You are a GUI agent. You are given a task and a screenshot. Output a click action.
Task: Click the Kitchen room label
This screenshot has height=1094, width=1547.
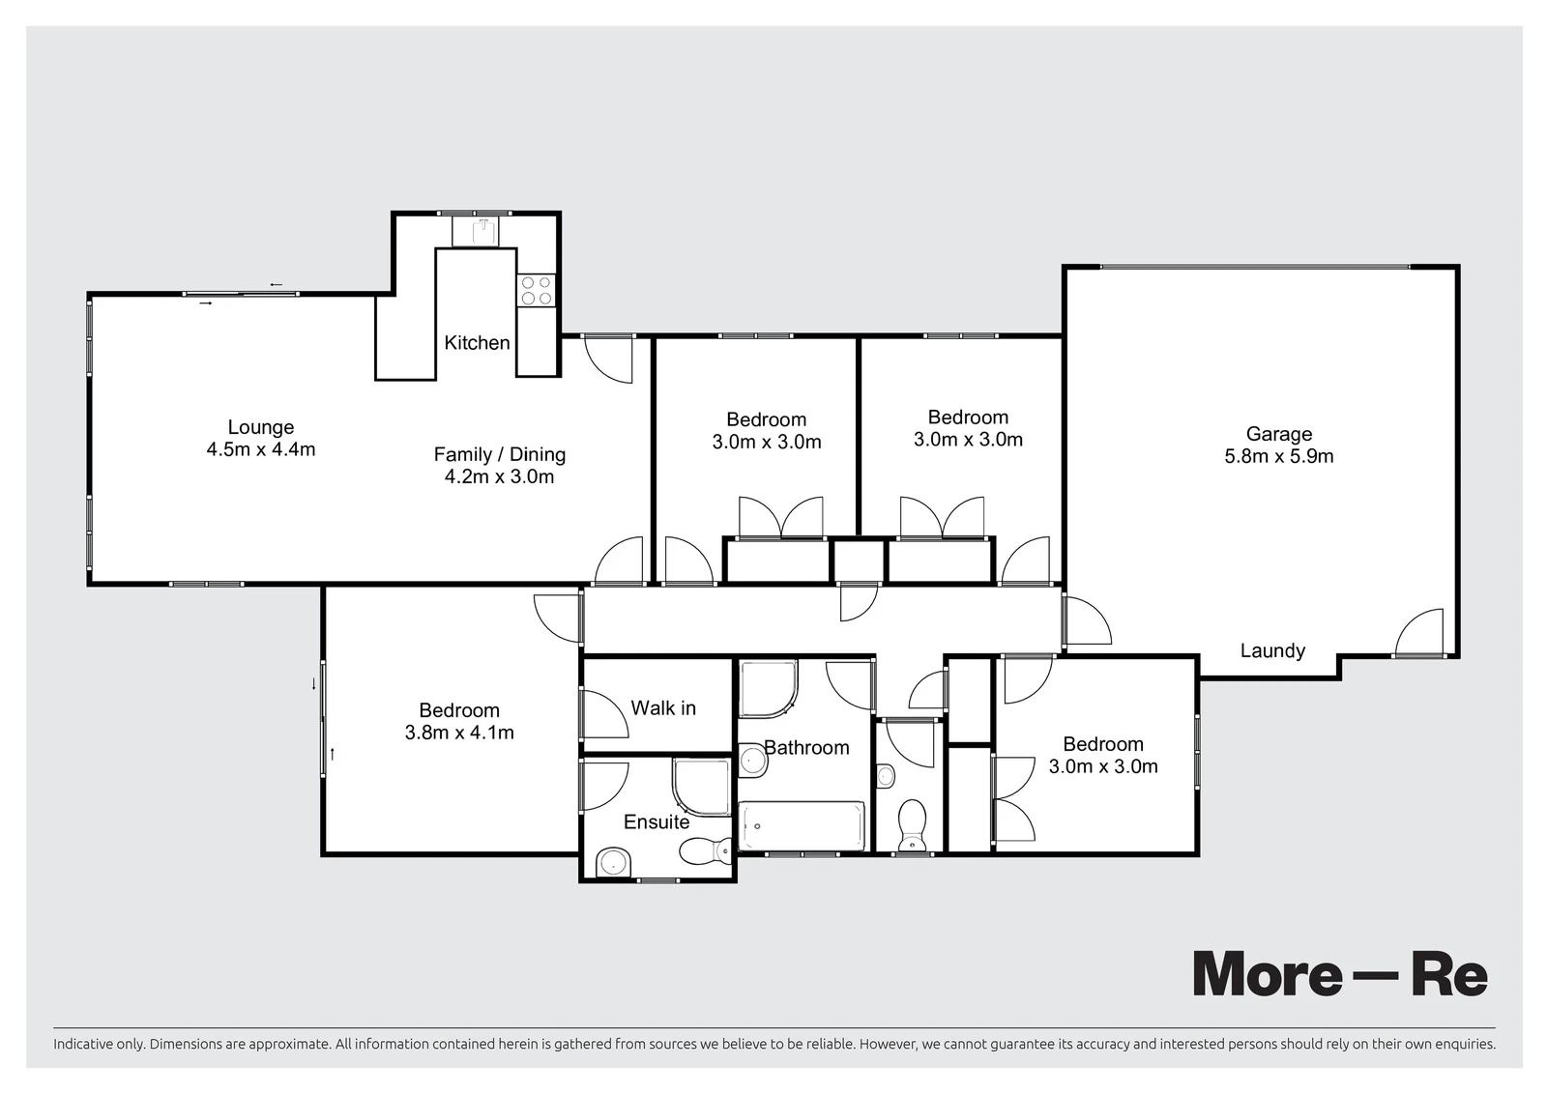tap(477, 342)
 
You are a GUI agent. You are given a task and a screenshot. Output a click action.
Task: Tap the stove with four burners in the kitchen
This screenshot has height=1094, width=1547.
tap(537, 290)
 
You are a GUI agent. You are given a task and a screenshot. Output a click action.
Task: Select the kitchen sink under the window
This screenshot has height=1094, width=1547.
tap(484, 231)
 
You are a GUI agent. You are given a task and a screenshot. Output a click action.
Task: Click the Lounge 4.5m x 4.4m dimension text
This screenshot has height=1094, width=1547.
tap(261, 449)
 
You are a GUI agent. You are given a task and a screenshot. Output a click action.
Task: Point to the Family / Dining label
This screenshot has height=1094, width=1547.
tap(499, 454)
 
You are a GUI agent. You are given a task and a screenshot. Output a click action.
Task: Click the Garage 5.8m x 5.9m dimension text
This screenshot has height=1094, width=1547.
tap(1279, 456)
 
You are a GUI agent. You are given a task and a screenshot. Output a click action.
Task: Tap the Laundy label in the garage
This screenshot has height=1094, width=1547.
tap(1272, 650)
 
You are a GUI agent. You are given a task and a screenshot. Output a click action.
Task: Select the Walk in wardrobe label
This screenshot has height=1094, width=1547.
tap(663, 707)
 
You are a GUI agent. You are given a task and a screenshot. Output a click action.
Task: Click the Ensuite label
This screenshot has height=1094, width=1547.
tap(657, 821)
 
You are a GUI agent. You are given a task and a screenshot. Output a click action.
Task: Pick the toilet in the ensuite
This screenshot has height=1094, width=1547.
tap(706, 850)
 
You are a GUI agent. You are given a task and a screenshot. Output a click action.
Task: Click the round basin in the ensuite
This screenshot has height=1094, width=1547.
tap(613, 862)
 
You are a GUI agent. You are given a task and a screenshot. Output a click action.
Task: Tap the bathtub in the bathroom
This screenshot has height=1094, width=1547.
tap(802, 826)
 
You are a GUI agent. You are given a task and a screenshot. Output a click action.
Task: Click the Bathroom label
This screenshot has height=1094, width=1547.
tap(806, 747)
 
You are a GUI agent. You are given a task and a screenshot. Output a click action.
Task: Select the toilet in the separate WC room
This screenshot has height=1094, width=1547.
tap(913, 825)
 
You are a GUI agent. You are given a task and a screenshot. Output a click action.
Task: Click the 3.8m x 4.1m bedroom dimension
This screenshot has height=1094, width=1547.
tap(459, 733)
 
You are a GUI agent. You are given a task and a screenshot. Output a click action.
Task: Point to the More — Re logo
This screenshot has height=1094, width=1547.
tap(1340, 974)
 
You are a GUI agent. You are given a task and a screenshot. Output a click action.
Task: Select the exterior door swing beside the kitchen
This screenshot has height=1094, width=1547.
tap(608, 359)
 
